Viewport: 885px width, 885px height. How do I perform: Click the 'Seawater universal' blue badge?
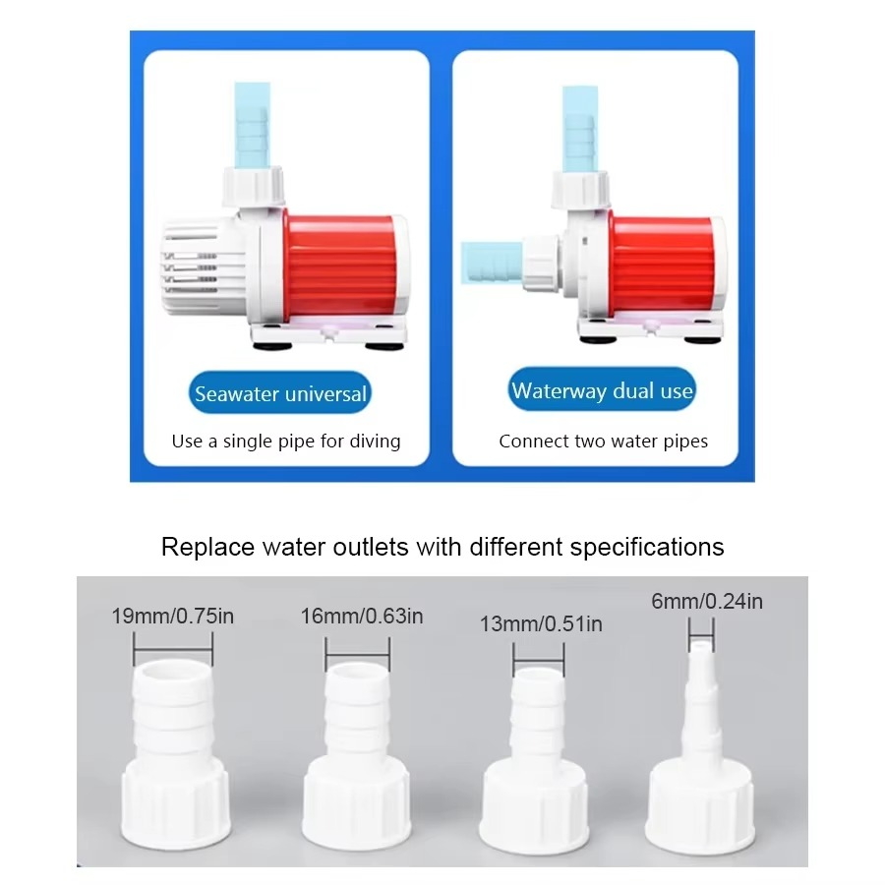[x=280, y=394]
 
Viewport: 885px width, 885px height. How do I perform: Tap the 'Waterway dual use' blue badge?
[x=602, y=390]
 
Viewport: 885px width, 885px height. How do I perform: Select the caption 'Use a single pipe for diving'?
[x=286, y=441]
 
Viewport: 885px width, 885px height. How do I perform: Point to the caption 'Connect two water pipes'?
[x=603, y=441]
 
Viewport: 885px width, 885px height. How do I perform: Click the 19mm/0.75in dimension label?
[x=173, y=618]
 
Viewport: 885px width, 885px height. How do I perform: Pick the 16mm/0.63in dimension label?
[x=362, y=617]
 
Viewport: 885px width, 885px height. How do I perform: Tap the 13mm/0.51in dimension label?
[x=541, y=623]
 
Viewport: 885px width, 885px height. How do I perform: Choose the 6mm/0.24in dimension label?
[x=707, y=601]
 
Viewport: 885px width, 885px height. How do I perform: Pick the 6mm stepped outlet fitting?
[x=700, y=757]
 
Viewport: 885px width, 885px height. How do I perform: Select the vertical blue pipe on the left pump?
[x=250, y=123]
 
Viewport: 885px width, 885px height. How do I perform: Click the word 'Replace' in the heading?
[x=201, y=546]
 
